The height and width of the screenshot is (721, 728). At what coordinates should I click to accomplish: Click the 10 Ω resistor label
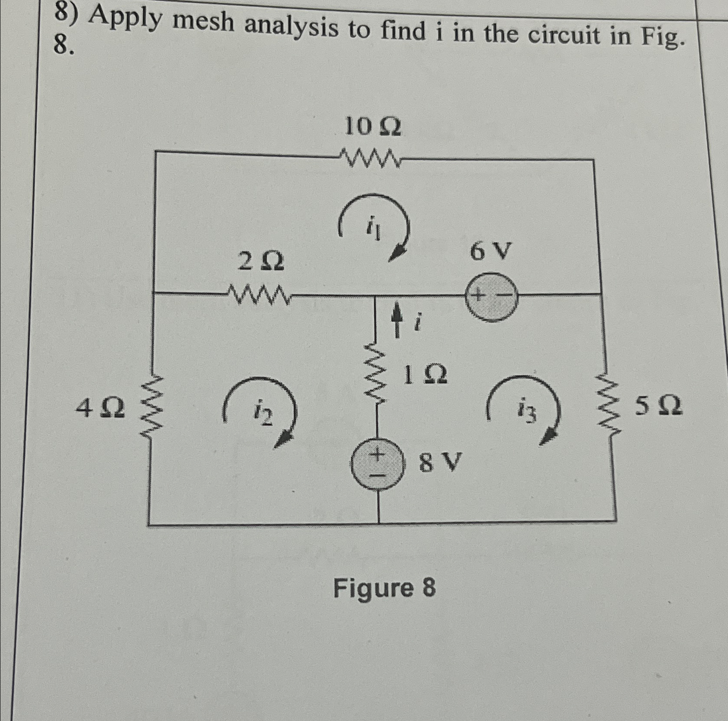372,128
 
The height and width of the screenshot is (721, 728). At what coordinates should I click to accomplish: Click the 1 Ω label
424,375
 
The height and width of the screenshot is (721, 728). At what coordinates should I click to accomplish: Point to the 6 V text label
491,251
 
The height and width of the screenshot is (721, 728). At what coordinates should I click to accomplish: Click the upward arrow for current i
395,319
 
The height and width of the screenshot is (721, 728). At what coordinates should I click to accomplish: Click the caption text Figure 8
384,588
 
